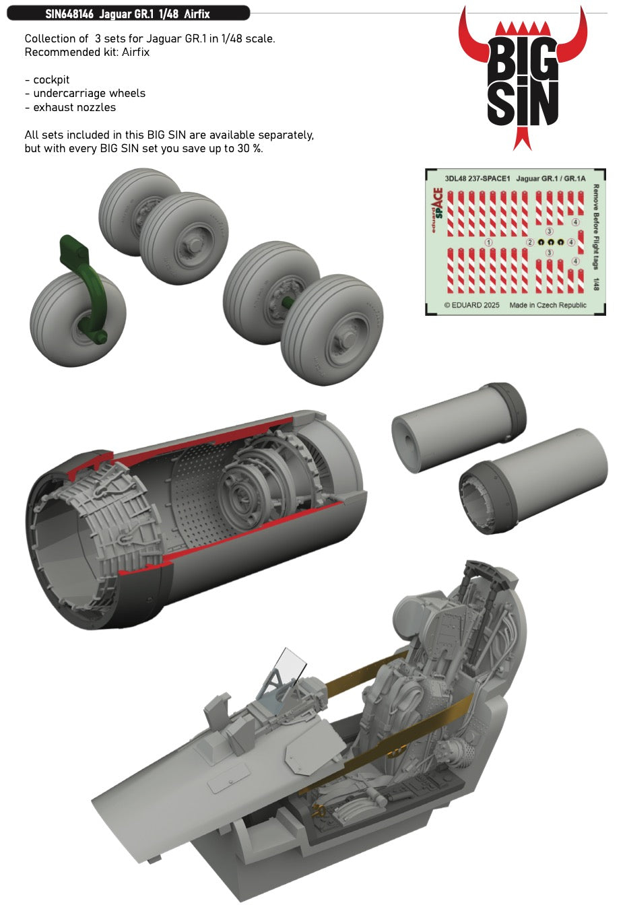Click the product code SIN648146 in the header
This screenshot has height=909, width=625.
(x=69, y=14)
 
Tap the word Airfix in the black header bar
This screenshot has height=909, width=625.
(x=197, y=14)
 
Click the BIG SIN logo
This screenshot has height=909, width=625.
(x=523, y=78)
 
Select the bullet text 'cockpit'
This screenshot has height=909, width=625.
(x=51, y=79)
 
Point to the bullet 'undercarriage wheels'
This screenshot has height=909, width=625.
(x=90, y=94)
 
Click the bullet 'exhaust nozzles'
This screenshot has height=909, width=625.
(x=75, y=107)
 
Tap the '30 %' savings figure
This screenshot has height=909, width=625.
(x=249, y=149)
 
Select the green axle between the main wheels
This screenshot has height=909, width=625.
(x=287, y=302)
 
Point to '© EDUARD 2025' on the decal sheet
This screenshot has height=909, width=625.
(x=471, y=305)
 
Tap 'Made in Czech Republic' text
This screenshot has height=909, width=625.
(x=548, y=305)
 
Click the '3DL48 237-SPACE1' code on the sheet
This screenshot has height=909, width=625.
(x=478, y=178)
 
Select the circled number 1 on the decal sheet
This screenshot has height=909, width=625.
(x=489, y=242)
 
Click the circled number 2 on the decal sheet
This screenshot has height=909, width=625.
(x=530, y=242)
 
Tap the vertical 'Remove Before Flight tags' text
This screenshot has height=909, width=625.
(x=596, y=228)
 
